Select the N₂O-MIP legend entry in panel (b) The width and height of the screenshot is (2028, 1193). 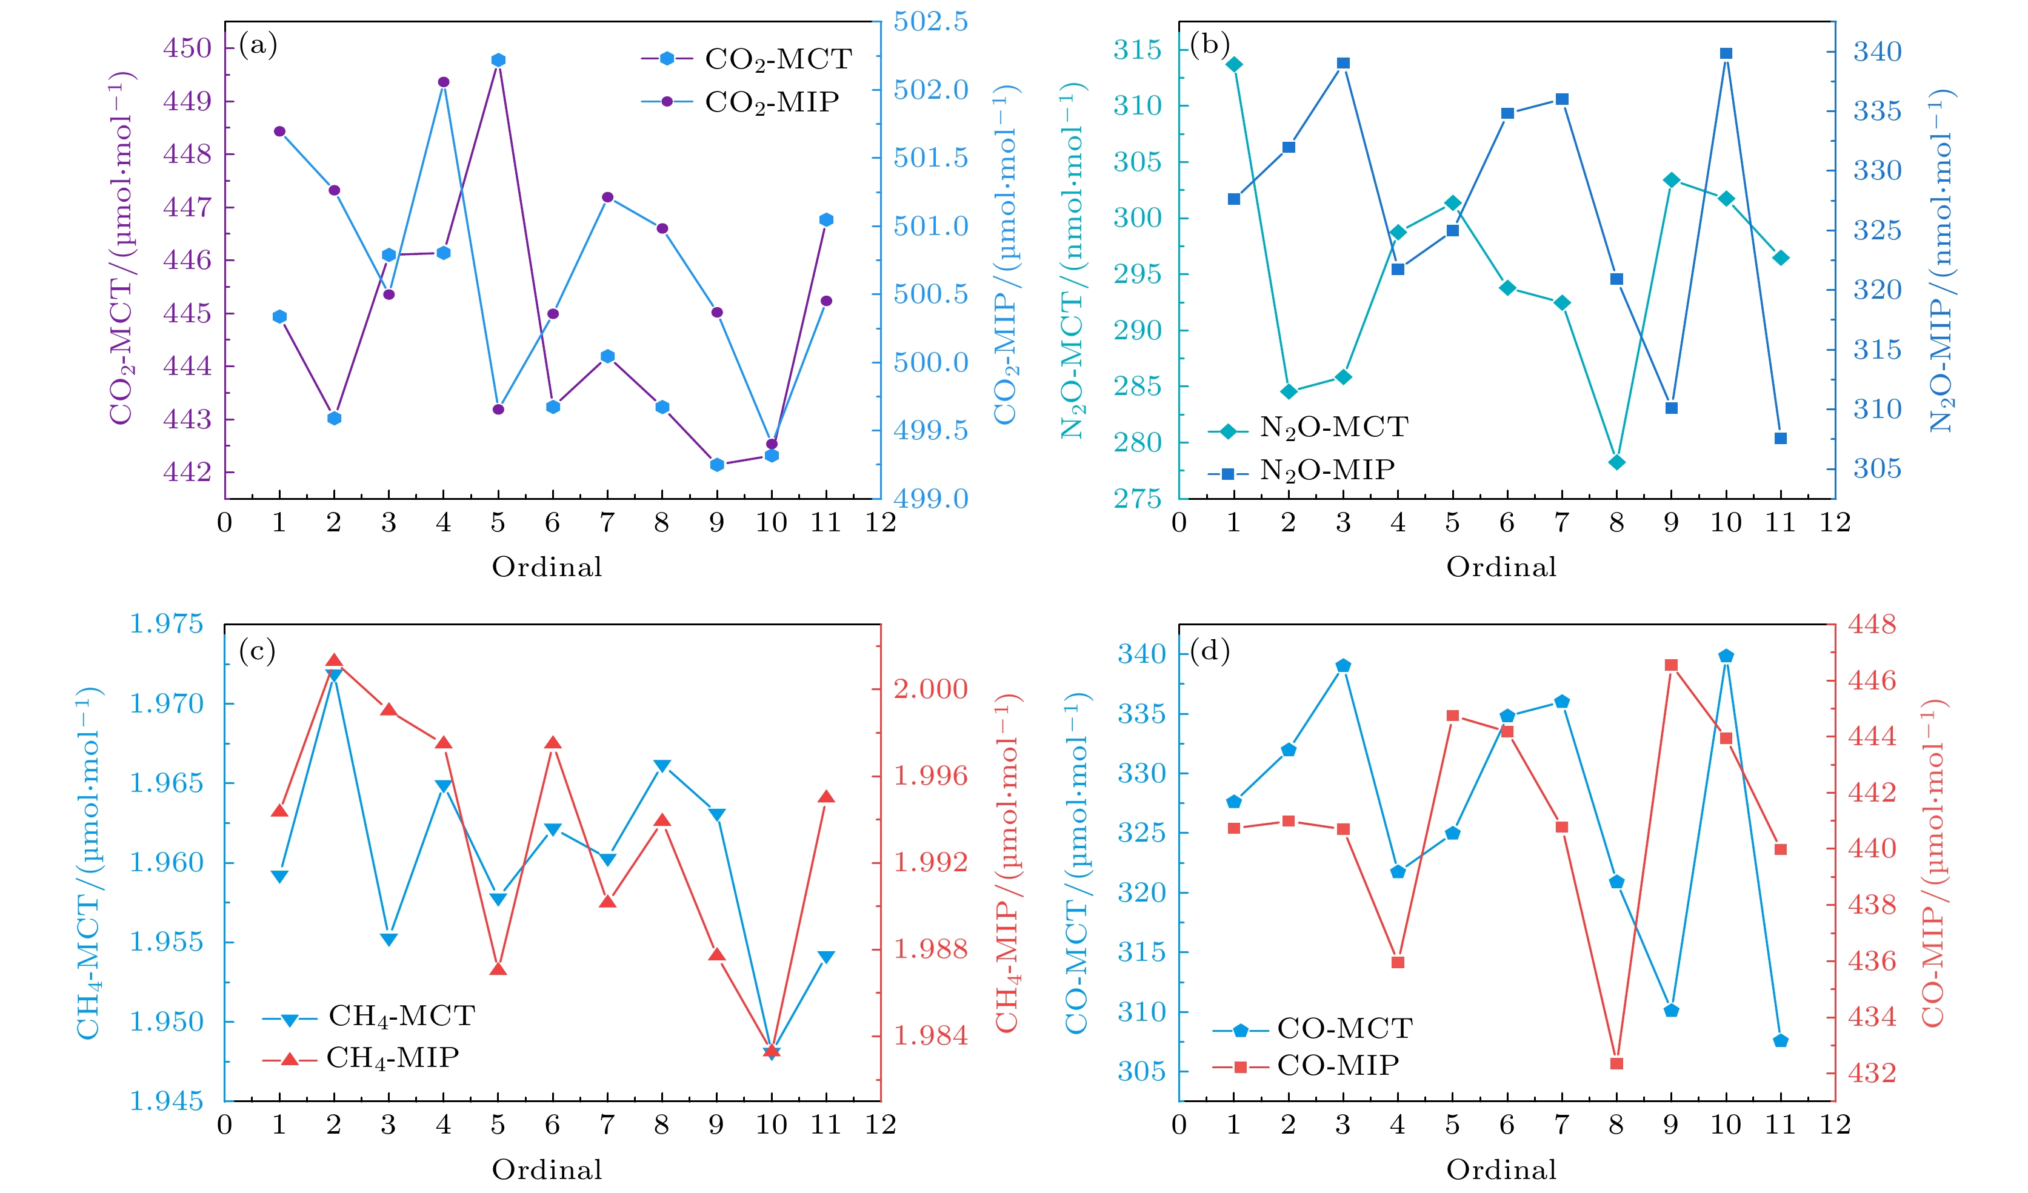(x=1326, y=470)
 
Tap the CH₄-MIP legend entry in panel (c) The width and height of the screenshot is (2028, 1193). (x=392, y=1058)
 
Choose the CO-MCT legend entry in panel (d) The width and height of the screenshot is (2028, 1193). (x=1344, y=1028)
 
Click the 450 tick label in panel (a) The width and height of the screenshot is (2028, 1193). (x=187, y=48)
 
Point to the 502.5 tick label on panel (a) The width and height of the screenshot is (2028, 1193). (x=930, y=22)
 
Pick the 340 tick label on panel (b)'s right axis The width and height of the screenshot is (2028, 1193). (x=1876, y=52)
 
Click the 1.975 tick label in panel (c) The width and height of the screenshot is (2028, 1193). (x=166, y=623)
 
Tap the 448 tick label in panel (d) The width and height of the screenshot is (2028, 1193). (x=1871, y=624)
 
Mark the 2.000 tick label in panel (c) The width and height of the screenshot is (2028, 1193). (x=930, y=689)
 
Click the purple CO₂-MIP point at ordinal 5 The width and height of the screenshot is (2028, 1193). (x=498, y=410)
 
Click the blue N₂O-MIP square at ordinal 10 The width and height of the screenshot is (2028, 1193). (x=1726, y=54)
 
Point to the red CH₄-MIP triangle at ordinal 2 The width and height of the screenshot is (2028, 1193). (x=334, y=661)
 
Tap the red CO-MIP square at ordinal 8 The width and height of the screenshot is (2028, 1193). (x=1617, y=1063)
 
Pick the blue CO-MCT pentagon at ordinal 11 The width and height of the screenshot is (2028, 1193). (x=1781, y=1041)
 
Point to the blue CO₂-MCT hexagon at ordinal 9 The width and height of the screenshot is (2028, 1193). (x=717, y=465)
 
